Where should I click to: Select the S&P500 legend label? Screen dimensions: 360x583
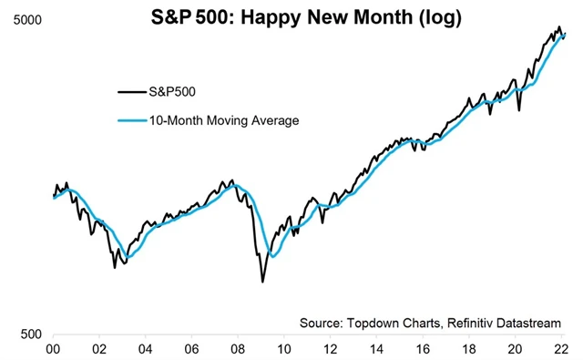tap(170, 90)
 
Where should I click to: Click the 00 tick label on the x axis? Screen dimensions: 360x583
tap(54, 349)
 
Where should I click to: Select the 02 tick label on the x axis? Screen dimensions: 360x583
tap(100, 349)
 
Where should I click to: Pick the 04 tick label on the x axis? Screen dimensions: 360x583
tap(146, 349)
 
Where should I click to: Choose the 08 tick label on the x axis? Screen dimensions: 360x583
tap(238, 349)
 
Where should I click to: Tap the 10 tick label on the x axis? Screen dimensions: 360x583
tap(284, 349)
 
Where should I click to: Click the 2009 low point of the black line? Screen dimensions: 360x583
tap(262, 281)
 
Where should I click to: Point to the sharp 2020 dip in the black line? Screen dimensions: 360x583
tap(519, 110)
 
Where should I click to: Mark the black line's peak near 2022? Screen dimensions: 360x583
tap(558, 27)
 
